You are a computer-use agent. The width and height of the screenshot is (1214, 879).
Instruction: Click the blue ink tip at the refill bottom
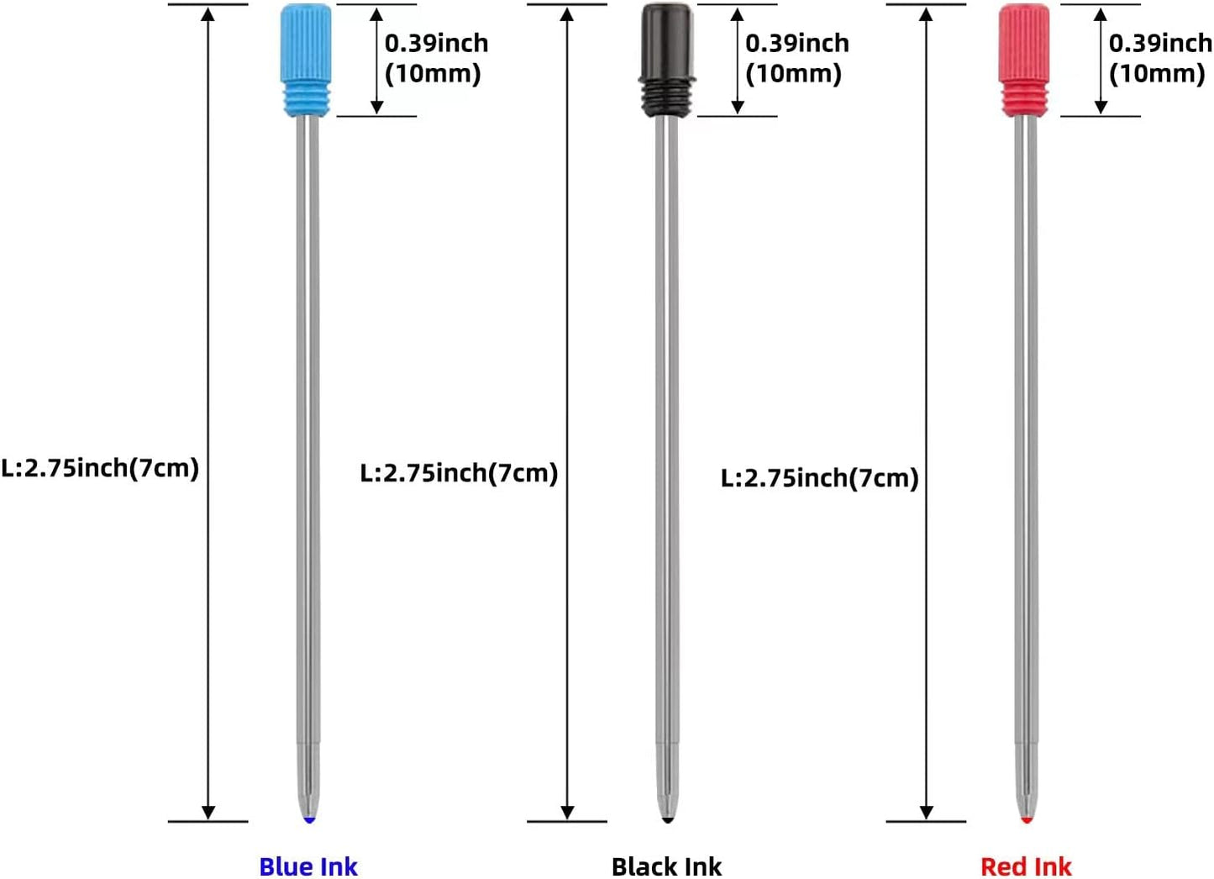tap(309, 818)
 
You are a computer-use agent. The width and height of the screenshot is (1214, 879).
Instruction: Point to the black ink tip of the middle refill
tap(668, 818)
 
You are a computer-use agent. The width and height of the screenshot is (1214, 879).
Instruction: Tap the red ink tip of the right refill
tap(1026, 818)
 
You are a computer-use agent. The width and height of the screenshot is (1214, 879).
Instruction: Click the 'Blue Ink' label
tap(308, 866)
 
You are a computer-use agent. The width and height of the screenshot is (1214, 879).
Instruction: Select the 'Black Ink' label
tap(666, 866)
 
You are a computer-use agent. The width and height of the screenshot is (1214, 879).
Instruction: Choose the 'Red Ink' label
tap(1026, 866)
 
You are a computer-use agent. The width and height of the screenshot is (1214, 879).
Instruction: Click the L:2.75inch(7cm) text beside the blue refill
tap(100, 468)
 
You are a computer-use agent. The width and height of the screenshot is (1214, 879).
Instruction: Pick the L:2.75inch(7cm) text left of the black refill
tap(459, 473)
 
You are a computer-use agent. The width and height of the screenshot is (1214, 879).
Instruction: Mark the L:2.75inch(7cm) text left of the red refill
tap(819, 478)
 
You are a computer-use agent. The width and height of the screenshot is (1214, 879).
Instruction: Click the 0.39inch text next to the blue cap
tap(436, 43)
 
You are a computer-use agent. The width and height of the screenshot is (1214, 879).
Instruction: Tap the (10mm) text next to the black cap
tap(793, 74)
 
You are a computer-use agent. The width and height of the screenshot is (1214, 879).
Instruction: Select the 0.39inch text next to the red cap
tap(1160, 43)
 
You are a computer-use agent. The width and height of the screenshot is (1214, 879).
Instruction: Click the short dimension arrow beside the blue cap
tap(376, 61)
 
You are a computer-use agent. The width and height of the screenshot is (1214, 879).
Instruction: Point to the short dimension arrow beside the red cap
tap(1101, 61)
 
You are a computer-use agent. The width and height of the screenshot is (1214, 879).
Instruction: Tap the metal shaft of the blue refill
tap(308, 420)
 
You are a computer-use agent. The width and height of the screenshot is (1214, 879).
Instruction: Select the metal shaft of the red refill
tap(1025, 420)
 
